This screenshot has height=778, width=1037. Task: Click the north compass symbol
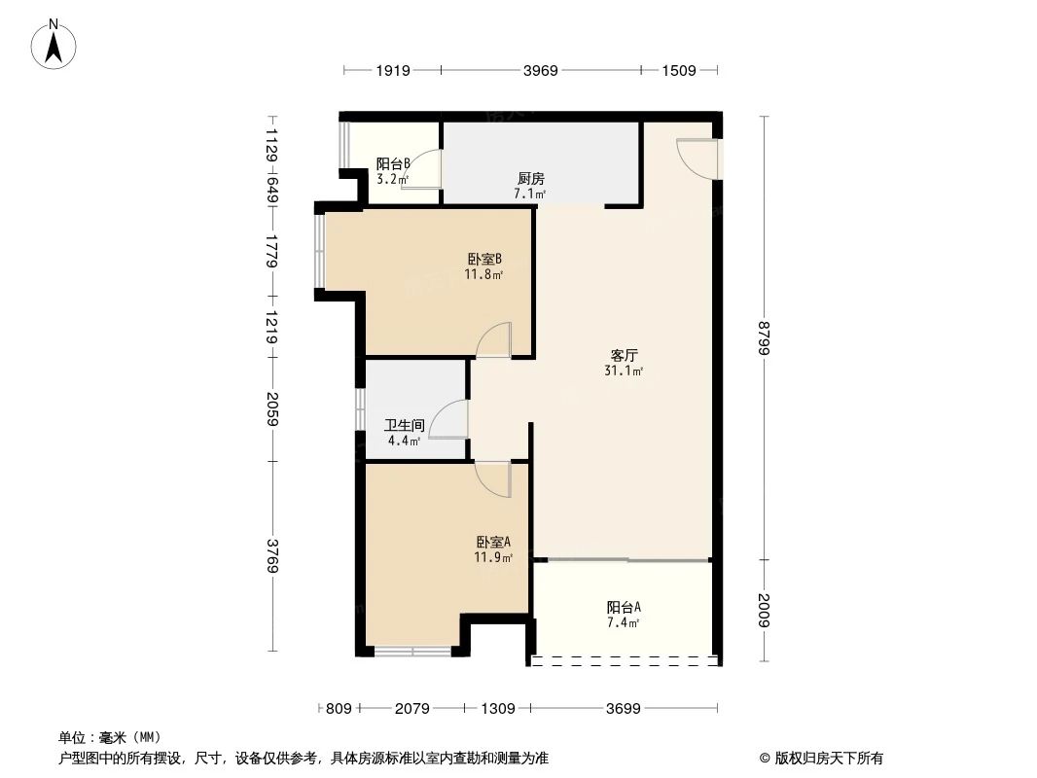[x=54, y=43]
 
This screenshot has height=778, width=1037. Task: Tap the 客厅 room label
[x=624, y=356]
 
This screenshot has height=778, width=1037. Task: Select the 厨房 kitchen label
[x=530, y=179]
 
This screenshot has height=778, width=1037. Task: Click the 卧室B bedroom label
[x=483, y=260]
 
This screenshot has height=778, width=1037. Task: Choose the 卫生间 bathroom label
[x=404, y=426]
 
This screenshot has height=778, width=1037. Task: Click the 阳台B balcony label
[x=393, y=164]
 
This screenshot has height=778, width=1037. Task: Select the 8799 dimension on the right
[x=764, y=336]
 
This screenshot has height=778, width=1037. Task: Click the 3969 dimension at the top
[x=541, y=70]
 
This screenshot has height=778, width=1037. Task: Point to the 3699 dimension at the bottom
[x=623, y=709]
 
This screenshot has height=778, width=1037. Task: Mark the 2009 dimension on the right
[x=764, y=612]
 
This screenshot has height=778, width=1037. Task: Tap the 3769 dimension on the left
[x=272, y=555]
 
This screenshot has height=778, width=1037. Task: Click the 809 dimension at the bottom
[x=338, y=709]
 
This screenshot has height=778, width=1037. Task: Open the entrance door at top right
[x=698, y=158]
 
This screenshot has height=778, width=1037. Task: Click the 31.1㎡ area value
[x=624, y=371]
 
